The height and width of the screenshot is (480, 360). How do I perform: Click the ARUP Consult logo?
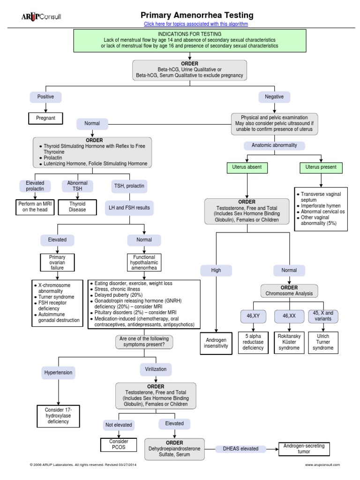(x=41, y=17)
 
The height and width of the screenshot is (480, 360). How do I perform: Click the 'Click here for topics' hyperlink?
(x=196, y=24)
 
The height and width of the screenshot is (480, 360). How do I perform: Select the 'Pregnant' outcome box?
(x=45, y=118)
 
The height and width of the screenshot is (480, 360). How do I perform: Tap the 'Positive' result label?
(x=45, y=97)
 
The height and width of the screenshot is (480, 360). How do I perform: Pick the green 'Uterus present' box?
(x=321, y=167)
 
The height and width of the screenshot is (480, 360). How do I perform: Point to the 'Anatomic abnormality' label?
(x=274, y=145)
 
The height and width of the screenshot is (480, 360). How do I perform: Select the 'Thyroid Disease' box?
(x=77, y=207)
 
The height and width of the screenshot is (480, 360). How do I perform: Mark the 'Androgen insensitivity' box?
(x=216, y=343)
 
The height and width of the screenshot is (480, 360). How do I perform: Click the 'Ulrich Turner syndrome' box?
(x=323, y=343)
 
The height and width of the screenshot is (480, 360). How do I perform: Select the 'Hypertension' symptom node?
(x=58, y=373)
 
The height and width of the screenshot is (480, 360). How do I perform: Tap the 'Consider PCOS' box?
(x=119, y=444)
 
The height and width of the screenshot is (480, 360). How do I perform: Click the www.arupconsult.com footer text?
(x=322, y=465)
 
